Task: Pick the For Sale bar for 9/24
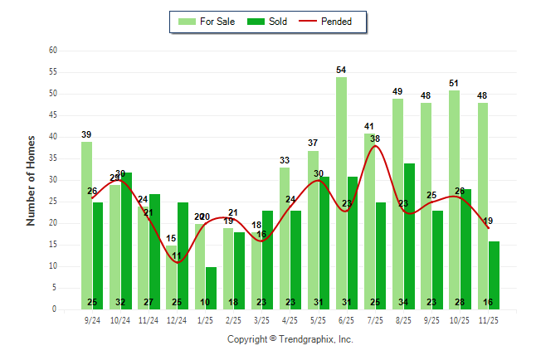click(86, 225)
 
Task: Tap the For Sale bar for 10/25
click(454, 199)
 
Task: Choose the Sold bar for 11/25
click(494, 275)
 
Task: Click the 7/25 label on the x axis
click(376, 319)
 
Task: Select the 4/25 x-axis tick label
click(290, 319)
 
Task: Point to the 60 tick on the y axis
click(52, 51)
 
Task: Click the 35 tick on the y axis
click(52, 158)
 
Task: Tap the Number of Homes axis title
click(31, 180)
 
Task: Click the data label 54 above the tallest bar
click(341, 70)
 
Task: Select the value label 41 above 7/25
click(370, 126)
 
